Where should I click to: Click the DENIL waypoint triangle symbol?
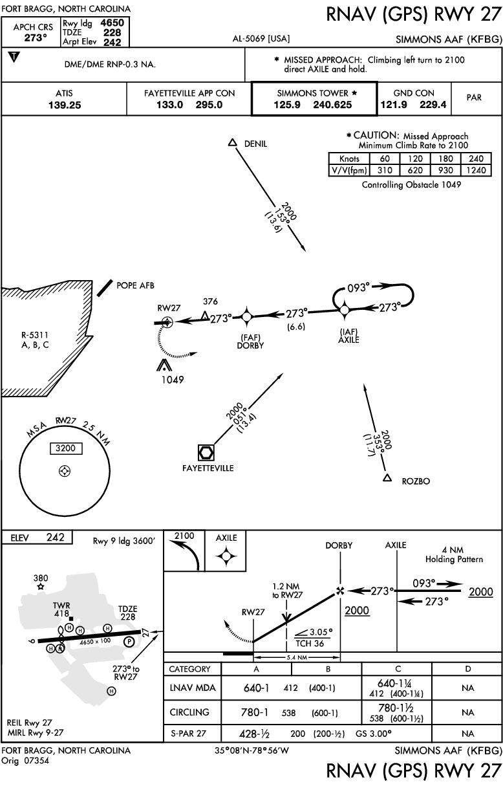point(232,143)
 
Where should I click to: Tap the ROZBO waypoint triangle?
point(387,478)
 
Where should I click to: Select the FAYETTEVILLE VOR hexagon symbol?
point(206,453)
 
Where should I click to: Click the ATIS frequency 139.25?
point(65,105)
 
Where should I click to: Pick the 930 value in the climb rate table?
point(445,170)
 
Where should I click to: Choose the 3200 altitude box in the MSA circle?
point(66,448)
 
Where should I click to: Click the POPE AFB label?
point(135,285)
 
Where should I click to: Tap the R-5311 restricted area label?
point(35,340)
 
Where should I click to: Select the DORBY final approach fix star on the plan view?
point(247,316)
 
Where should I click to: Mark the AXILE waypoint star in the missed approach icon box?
point(226,556)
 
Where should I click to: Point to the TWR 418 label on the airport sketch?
point(61,609)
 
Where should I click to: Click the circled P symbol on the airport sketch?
point(129,642)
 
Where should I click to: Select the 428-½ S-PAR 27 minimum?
point(254,734)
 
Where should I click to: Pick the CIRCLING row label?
point(189,712)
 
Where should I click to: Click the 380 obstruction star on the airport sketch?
point(41,587)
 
